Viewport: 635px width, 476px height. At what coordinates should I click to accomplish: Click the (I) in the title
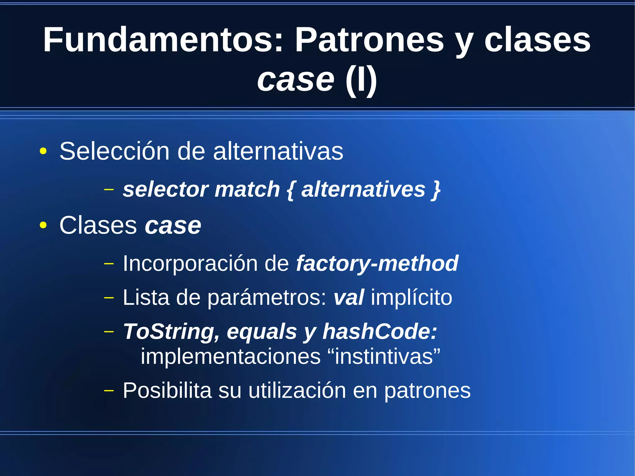[x=361, y=80]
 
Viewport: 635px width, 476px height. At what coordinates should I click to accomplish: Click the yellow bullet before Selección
[x=43, y=152]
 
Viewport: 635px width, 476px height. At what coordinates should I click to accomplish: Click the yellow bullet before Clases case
[x=43, y=226]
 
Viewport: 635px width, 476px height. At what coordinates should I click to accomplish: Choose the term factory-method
[x=377, y=263]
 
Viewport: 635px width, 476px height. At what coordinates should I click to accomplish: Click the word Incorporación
[x=190, y=263]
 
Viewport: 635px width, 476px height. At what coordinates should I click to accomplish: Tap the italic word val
[x=349, y=297]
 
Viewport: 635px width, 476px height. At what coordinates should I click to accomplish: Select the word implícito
[x=411, y=297]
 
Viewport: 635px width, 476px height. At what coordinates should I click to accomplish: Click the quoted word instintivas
[x=384, y=356]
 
